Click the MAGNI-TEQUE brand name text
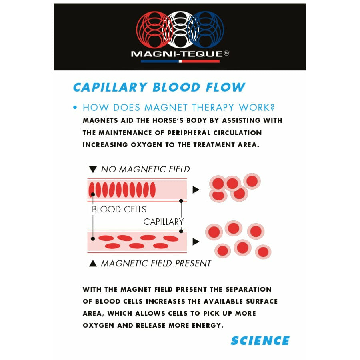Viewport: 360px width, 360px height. (x=177, y=54)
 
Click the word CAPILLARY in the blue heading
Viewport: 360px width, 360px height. (x=110, y=87)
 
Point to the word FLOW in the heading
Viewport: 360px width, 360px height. (x=226, y=87)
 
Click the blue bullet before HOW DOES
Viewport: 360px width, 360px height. (x=75, y=108)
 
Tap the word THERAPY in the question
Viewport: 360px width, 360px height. (x=213, y=108)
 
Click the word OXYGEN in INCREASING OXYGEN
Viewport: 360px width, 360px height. (x=146, y=145)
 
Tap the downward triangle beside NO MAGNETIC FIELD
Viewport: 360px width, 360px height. (x=93, y=170)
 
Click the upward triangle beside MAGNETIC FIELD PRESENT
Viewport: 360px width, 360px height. (x=93, y=263)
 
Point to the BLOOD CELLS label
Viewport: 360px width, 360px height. (x=119, y=209)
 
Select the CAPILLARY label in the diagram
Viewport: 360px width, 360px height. (x=164, y=222)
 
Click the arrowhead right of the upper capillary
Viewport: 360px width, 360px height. (x=196, y=190)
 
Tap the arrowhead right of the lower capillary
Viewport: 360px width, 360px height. (x=196, y=242)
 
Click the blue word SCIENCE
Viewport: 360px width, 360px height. (x=260, y=340)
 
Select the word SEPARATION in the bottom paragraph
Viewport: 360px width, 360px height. (x=248, y=289)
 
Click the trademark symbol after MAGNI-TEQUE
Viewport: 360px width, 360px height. (x=226, y=53)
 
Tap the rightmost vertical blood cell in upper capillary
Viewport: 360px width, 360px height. (x=153, y=190)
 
